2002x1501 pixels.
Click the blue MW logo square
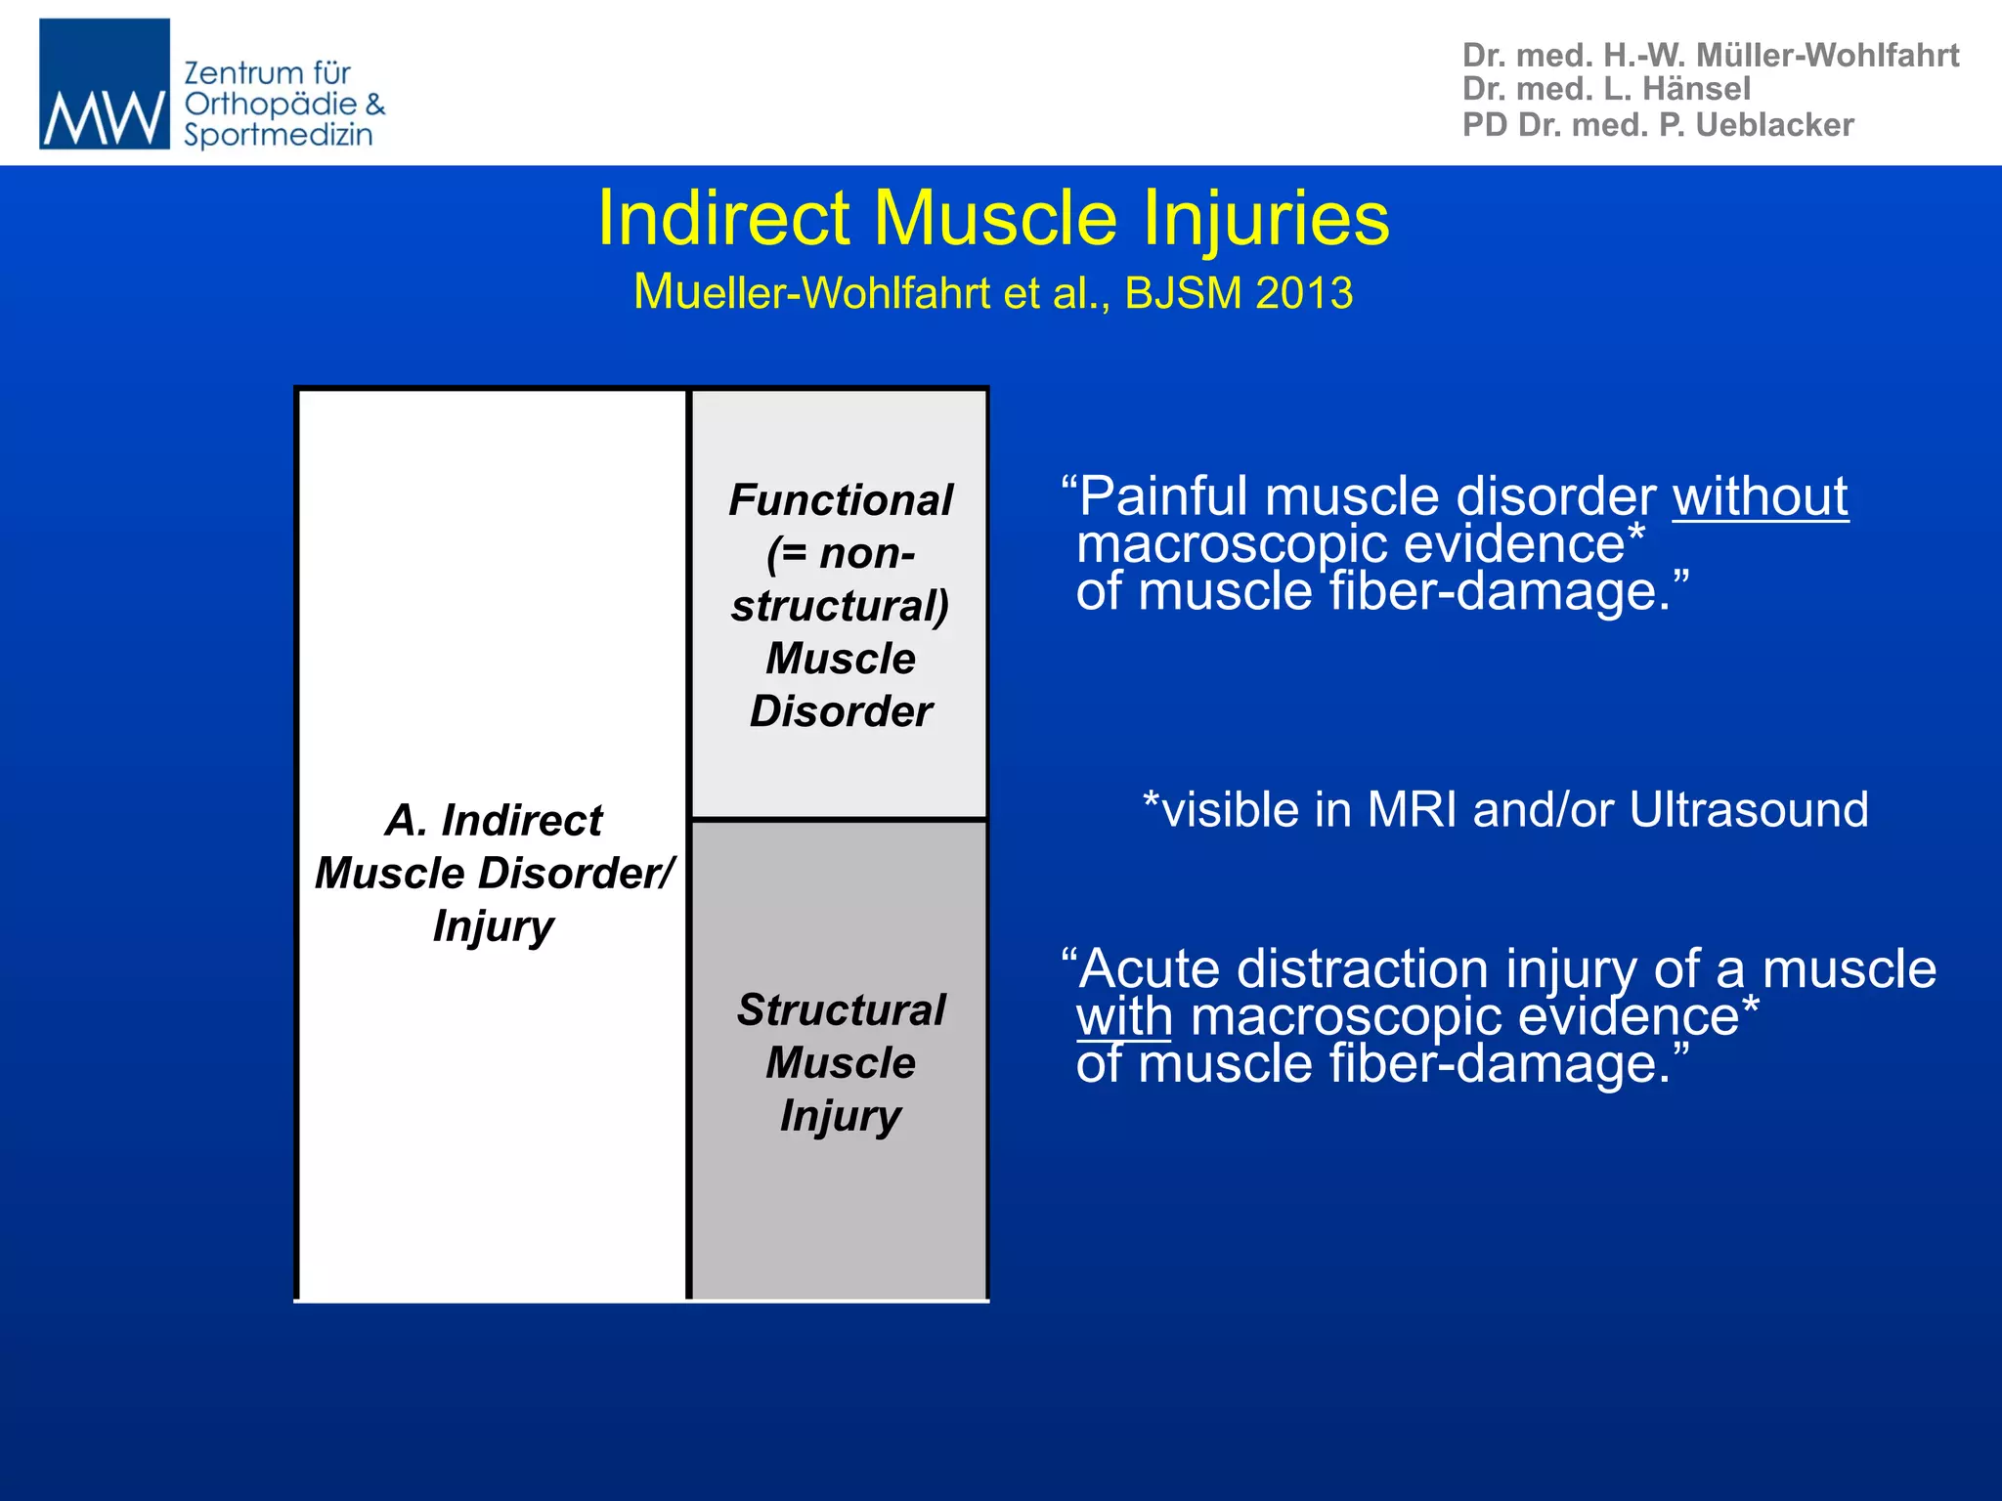104,84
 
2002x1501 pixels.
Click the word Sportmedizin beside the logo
279,135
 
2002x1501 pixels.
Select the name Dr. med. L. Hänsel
1605,89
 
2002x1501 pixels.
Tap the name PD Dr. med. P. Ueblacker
1657,125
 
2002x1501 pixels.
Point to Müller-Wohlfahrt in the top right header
1827,55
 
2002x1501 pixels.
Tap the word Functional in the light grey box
840,500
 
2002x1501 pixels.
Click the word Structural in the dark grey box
841,1009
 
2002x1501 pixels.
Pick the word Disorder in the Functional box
841,711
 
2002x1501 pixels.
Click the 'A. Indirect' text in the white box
494,820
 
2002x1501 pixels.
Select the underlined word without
1760,496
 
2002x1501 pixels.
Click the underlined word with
1124,1016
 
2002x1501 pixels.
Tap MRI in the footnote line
1413,810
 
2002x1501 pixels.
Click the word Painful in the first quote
1163,496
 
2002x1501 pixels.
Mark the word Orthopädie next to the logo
271,104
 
